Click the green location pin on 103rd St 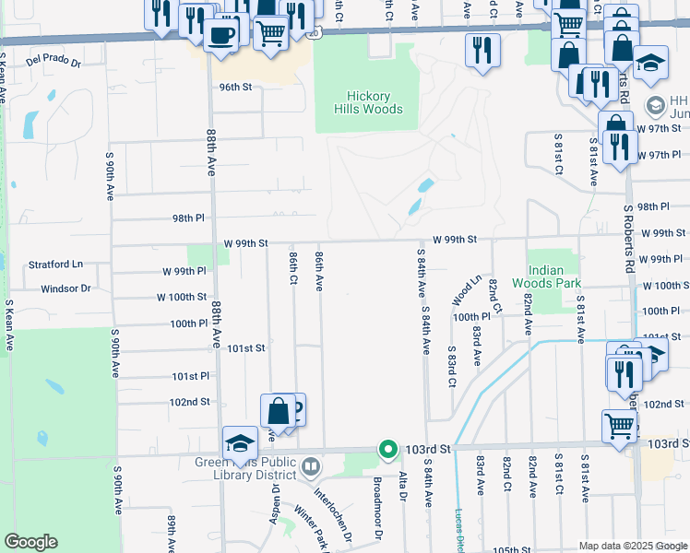[388, 450]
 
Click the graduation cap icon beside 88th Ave [240, 441]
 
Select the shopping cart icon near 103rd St [619, 425]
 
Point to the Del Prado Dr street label [54, 63]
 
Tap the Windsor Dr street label [65, 288]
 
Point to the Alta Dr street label [403, 488]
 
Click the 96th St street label [235, 88]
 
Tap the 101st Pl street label [191, 376]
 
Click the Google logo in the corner [30, 542]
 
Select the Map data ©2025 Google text [633, 546]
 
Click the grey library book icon [312, 467]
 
